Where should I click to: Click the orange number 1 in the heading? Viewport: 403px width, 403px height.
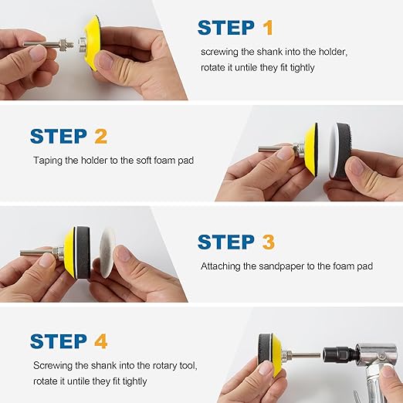268,28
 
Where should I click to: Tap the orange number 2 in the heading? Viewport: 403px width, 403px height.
100,136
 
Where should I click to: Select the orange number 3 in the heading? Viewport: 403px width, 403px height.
269,242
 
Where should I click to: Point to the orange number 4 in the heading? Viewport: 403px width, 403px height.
100,341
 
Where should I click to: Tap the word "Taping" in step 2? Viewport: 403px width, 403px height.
48,161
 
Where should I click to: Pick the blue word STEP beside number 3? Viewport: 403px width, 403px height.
226,242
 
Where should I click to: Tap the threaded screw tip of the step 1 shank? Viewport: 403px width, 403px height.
70,43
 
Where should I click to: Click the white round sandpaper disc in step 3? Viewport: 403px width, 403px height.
109,254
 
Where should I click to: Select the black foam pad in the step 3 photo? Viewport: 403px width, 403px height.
83,252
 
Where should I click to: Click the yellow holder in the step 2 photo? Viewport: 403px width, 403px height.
310,149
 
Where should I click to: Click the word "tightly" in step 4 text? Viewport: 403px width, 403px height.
134,381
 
